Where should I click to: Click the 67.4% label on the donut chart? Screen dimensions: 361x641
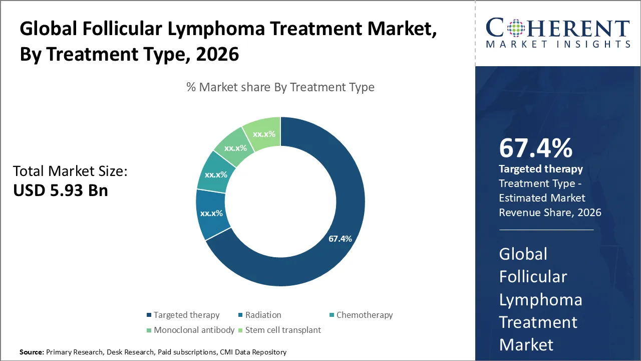(x=340, y=239)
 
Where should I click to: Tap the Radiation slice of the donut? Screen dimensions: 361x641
(x=211, y=214)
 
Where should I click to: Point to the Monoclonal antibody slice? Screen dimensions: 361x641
(x=235, y=148)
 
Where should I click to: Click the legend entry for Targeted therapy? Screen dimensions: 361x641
(x=186, y=315)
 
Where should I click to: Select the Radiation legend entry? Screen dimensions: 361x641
(x=263, y=315)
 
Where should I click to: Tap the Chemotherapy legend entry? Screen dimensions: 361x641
(x=364, y=315)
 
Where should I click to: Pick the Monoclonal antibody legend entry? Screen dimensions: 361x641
(x=194, y=330)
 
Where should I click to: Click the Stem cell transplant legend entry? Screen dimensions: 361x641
(x=283, y=330)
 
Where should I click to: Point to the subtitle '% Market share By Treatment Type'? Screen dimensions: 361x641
(x=280, y=87)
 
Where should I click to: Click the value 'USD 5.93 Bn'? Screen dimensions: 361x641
(x=61, y=190)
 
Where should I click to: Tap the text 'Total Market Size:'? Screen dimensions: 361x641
(x=70, y=171)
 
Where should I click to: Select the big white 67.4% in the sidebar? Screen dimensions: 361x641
(x=535, y=148)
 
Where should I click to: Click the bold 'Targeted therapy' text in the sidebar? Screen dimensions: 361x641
(x=541, y=169)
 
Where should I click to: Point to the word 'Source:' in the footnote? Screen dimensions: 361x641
(x=32, y=352)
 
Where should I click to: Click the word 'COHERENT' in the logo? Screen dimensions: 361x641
(x=557, y=28)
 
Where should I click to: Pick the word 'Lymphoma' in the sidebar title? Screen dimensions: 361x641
(x=540, y=299)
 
